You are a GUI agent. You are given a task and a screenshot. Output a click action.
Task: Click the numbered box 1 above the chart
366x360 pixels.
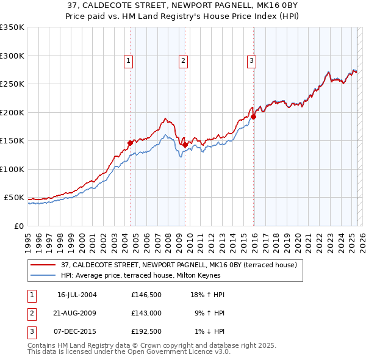pos(129,60)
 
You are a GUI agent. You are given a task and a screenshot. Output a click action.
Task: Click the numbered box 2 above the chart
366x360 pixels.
pos(183,60)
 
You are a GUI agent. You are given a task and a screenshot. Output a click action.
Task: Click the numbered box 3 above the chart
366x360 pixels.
pos(251,60)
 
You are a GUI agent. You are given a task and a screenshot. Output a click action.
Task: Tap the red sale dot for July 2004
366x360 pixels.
pos(130,143)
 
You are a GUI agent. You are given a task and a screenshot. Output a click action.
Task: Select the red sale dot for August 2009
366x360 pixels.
pos(185,145)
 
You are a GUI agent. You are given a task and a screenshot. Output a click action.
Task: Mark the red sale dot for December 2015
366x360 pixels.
pos(253,117)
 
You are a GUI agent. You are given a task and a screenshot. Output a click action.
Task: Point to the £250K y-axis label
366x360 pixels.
pos(12,84)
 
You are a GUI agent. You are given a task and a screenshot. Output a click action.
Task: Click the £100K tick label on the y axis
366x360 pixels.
pos(12,169)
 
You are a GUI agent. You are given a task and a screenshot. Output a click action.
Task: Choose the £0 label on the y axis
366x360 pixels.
pos(18,226)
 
